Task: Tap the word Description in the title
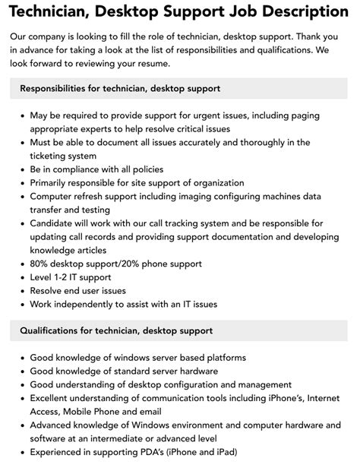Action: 298,11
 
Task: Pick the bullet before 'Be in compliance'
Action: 21,170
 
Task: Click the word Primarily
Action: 53,183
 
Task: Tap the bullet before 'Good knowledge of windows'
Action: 21,358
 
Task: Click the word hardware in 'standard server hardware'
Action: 196,371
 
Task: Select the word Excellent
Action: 55,398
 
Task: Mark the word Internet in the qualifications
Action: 324,398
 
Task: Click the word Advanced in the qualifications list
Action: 55,425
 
